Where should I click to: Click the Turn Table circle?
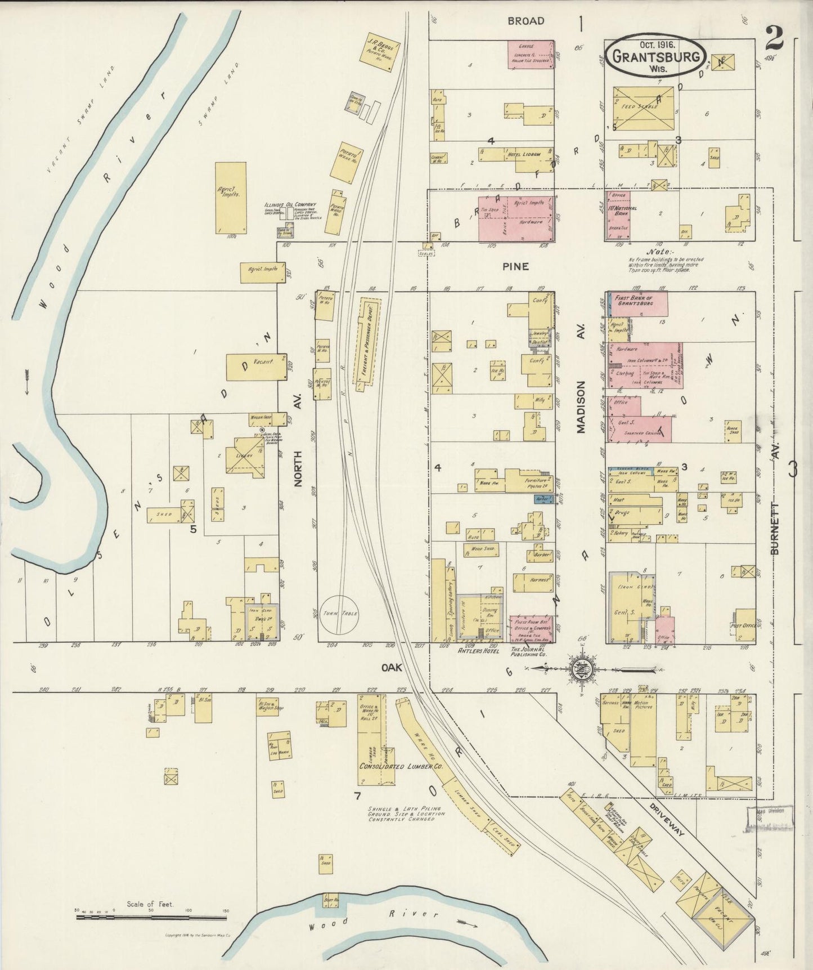click(340, 614)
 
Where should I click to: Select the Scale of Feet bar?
click(151, 917)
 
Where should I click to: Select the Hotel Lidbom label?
click(523, 154)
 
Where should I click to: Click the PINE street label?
click(515, 266)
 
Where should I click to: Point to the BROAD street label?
click(525, 21)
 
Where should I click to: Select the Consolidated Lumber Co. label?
click(401, 767)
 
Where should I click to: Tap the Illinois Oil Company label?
click(290, 205)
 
